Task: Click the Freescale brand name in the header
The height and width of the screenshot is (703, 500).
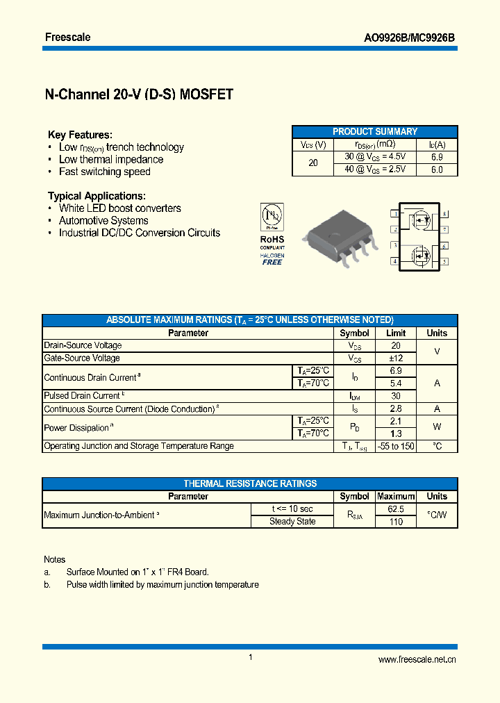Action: point(67,37)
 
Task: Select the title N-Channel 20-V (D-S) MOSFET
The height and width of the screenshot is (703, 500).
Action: point(139,94)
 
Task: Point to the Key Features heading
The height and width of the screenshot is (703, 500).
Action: point(80,135)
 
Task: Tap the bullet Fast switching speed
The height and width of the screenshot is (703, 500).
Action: point(104,172)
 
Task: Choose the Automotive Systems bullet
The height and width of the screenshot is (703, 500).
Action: point(103,220)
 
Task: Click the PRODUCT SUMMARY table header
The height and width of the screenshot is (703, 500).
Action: point(375,131)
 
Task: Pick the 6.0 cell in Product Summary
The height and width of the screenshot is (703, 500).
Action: point(436,169)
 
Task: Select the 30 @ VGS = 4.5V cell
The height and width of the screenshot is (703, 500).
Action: point(375,157)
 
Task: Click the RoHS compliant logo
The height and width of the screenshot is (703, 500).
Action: point(272,234)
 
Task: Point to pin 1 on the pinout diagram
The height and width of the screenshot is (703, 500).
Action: point(394,214)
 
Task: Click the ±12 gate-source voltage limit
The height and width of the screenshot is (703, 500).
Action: point(396,358)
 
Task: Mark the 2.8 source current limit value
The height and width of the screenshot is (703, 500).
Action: point(396,408)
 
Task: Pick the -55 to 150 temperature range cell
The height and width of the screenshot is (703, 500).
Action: point(396,446)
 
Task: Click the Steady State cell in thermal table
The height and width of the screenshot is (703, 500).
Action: point(292,521)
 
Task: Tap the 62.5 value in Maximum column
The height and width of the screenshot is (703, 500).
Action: point(395,508)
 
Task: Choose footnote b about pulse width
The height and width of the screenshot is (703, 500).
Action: point(162,585)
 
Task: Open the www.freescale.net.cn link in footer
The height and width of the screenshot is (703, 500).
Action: point(417,660)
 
